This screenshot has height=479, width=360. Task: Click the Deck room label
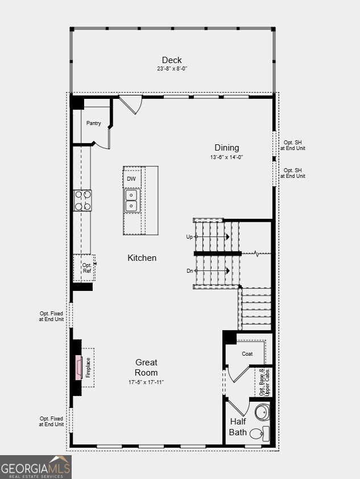coord(172,60)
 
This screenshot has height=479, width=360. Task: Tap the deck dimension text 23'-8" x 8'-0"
coord(172,69)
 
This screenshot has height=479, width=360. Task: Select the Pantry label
coord(94,123)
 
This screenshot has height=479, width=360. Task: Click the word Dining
coord(227,148)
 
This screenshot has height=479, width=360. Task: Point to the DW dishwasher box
coord(131,179)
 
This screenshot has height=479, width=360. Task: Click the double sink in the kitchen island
coord(132,200)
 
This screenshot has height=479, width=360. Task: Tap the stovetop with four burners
coord(82,201)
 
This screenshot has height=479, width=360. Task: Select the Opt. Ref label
coord(87,268)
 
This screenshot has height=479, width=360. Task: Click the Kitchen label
coord(142,258)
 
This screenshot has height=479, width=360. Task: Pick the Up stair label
coord(189,237)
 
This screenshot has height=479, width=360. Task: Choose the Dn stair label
coord(189,271)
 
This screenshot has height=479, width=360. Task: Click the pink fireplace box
coord(78,368)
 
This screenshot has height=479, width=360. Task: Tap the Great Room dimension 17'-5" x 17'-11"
coord(146,382)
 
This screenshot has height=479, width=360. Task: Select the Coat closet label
coord(247,354)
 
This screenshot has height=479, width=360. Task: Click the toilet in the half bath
coord(260,433)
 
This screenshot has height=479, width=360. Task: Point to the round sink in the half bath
coord(262,412)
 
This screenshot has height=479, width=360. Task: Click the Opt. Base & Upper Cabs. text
coord(265,382)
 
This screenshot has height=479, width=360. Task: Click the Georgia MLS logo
coord(36,467)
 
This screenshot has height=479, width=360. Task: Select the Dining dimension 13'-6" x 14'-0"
coord(227,157)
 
